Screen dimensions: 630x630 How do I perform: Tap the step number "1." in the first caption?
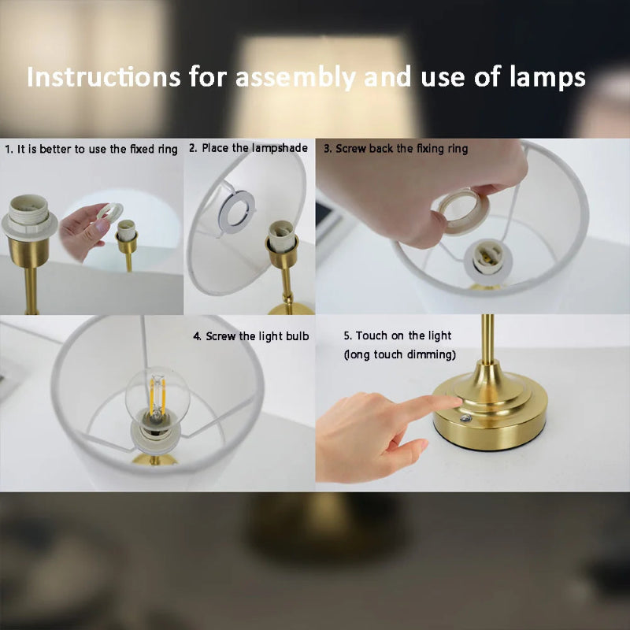click(9, 149)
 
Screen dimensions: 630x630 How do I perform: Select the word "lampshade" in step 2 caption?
click(280, 148)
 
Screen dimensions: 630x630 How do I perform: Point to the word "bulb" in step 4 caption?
click(297, 336)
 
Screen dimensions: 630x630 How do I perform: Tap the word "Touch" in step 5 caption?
click(372, 336)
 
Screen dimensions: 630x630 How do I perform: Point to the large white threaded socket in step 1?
click(29, 214)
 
